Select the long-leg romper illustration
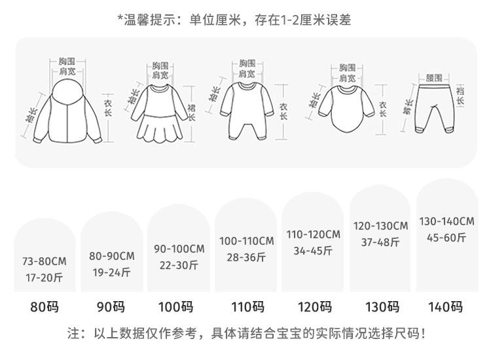pos(247,111)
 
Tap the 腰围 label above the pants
pos(434,78)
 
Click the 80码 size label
pos(45,307)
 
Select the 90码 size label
pos(111,307)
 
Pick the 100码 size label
pos(176,307)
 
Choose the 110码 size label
pos(248,307)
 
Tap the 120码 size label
pos(315,307)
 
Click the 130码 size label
pos(383,307)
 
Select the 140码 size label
pos(446,307)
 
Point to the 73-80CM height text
pos(45,261)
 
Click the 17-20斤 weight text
pos(45,278)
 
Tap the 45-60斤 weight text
pos(446,238)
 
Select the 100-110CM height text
pos(247,241)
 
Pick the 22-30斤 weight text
pos(179,265)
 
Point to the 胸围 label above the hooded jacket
pos(67,62)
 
